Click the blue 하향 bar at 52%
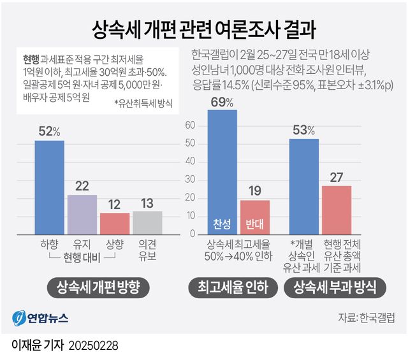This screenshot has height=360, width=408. [49, 187]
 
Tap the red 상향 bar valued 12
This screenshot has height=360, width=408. [115, 224]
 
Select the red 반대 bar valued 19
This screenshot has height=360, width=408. [255, 217]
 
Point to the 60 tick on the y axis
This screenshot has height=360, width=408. [188, 126]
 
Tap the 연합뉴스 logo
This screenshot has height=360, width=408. [41, 317]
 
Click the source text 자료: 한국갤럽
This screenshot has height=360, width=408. [367, 317]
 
